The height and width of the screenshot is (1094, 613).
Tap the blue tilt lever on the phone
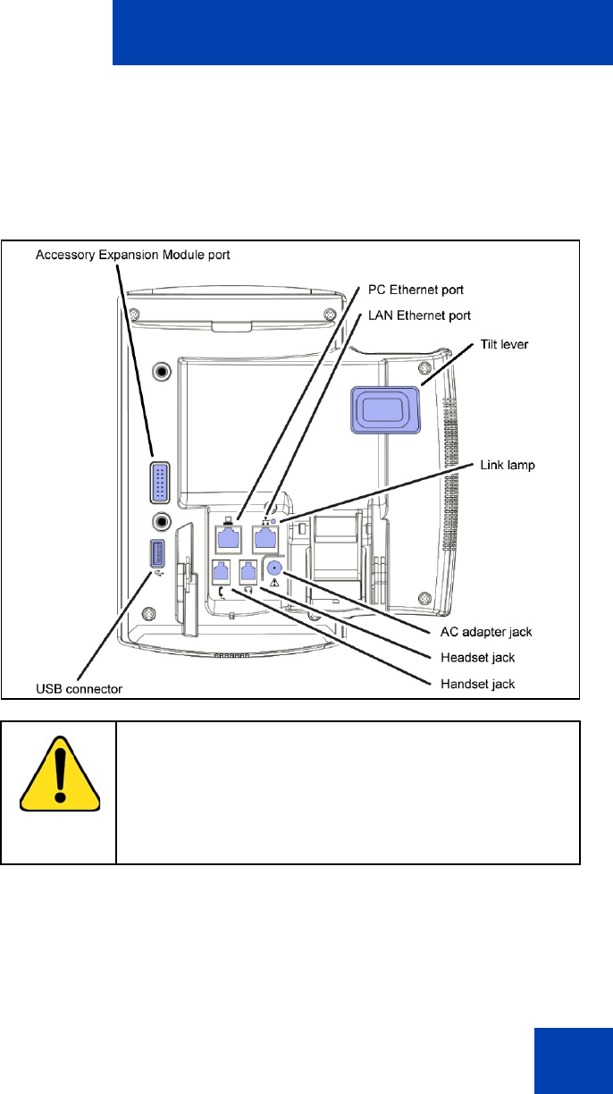point(385,409)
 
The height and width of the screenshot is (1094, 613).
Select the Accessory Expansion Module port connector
point(160,482)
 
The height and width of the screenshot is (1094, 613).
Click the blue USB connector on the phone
point(157,553)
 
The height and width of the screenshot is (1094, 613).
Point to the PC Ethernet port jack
point(228,539)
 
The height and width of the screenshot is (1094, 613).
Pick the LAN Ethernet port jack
point(265,539)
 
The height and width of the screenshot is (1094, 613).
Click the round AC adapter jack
point(274,568)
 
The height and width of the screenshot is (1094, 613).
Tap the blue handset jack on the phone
point(222,571)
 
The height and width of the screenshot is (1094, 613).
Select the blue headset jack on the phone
point(248,571)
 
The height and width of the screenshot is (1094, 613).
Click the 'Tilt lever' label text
point(504,344)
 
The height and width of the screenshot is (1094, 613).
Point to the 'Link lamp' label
point(508,465)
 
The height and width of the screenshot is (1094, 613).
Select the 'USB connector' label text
point(80,689)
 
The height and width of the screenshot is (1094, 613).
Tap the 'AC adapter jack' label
point(486,632)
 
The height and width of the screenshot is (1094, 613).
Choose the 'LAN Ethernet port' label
point(419,316)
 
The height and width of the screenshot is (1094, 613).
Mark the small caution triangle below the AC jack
point(274,582)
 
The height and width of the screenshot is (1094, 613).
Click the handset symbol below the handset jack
point(223,593)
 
